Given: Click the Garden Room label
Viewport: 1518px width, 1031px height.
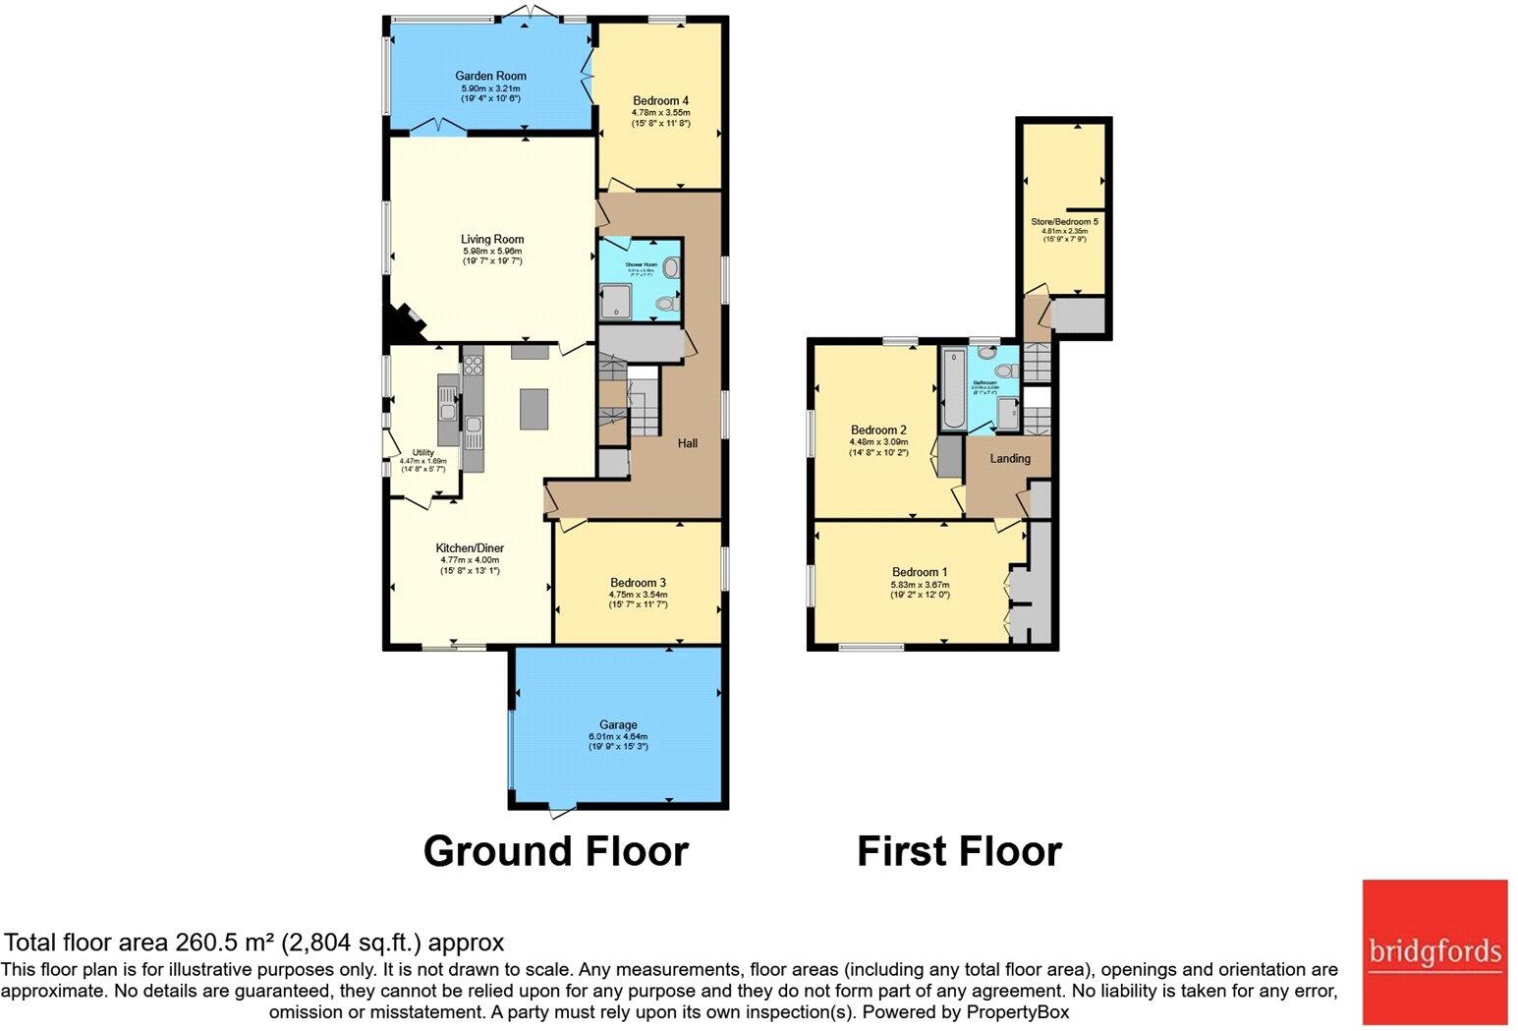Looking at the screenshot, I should [x=490, y=76].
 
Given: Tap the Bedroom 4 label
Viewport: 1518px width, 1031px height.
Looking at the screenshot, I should [x=660, y=100].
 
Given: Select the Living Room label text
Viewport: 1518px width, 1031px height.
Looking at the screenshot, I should [x=492, y=239].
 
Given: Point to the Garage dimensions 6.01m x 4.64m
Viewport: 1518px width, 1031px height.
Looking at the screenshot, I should [x=618, y=736].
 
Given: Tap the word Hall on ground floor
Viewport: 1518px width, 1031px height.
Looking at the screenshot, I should [x=688, y=443].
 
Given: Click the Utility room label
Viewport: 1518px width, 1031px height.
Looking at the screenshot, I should [x=422, y=452].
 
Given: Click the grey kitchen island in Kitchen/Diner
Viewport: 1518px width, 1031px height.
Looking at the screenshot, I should [x=534, y=409].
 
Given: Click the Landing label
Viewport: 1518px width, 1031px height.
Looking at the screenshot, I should [x=1010, y=459].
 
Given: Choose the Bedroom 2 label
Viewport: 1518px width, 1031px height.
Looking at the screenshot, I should [x=878, y=430].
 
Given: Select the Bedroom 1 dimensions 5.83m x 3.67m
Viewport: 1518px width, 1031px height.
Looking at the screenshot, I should [x=920, y=584].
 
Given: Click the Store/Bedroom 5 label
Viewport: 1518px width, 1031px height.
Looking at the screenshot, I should [x=1064, y=222].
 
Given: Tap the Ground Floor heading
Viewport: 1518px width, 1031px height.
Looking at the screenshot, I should [x=555, y=851].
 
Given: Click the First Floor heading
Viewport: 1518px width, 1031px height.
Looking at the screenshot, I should [x=959, y=851].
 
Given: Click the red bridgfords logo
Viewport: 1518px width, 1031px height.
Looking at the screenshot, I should [x=1434, y=950].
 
